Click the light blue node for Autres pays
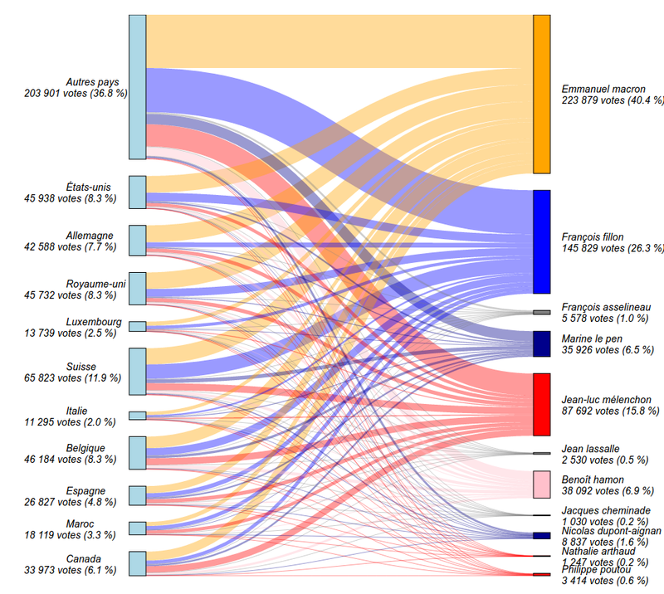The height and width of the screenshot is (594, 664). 137,86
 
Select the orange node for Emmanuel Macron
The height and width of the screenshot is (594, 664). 541,94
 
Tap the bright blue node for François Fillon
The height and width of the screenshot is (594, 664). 541,241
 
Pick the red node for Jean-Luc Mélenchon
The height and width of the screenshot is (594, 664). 541,404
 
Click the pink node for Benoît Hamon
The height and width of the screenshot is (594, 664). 541,484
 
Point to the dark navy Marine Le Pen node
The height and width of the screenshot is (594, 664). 541,343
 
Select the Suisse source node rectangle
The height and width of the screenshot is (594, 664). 137,371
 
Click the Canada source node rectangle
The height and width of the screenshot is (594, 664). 137,563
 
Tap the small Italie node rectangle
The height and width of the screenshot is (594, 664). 137,416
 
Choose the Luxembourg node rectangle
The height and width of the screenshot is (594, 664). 137,327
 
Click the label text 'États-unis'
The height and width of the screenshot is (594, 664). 88,187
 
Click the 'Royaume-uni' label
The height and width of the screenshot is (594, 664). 95,284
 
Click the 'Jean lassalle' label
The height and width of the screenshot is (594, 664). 591,448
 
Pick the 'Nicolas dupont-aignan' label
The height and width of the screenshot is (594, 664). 612,530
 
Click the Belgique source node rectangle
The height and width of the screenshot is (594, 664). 137,453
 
